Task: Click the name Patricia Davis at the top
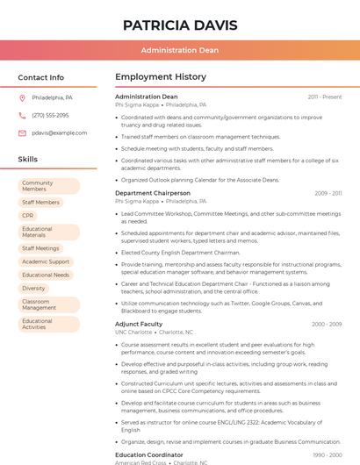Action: (180, 24)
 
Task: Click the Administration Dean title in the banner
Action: (180, 50)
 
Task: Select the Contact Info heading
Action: (41, 77)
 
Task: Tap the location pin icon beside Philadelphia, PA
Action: (22, 97)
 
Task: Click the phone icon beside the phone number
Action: (22, 115)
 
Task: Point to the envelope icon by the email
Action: (22, 132)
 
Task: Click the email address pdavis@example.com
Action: (60, 132)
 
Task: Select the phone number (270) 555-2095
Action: (50, 115)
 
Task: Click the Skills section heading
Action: (28, 160)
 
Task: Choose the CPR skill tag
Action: (28, 215)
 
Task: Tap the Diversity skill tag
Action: (33, 288)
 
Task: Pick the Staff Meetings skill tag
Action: (40, 248)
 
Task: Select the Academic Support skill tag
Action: (46, 261)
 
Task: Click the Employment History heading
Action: (161, 77)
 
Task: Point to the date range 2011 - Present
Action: (325, 97)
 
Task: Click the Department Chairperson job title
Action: (153, 193)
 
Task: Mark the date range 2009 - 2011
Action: (328, 193)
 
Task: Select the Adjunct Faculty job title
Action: (139, 324)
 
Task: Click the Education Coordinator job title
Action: (149, 454)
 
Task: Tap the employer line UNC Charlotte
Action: (133, 333)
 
